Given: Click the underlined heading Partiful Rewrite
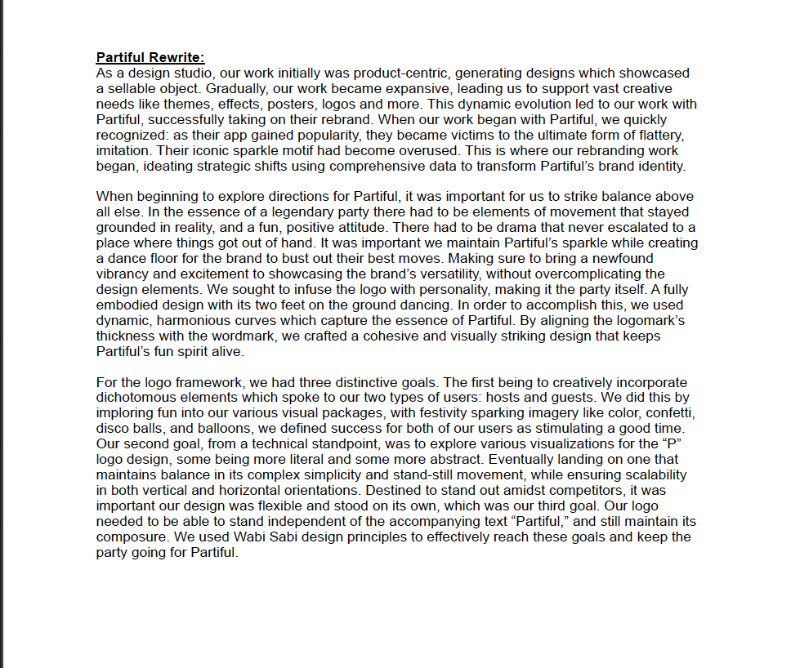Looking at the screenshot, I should [x=150, y=57].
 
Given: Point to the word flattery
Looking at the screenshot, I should [x=659, y=134].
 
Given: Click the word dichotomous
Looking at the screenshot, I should [x=139, y=397].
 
